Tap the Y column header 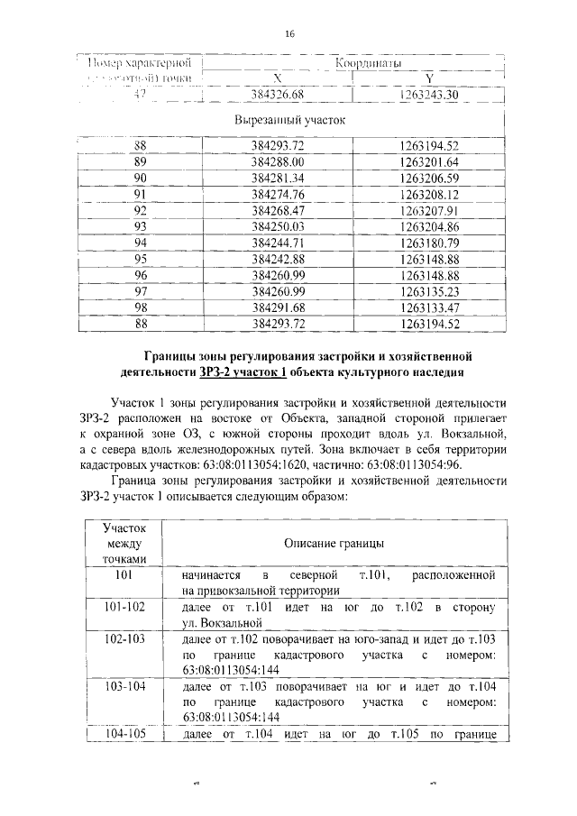point(429,78)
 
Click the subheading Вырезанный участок point(289,119)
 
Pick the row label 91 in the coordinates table point(140,194)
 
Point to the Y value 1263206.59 point(429,178)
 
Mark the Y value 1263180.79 point(429,243)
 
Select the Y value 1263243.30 point(429,95)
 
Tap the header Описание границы point(334,544)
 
